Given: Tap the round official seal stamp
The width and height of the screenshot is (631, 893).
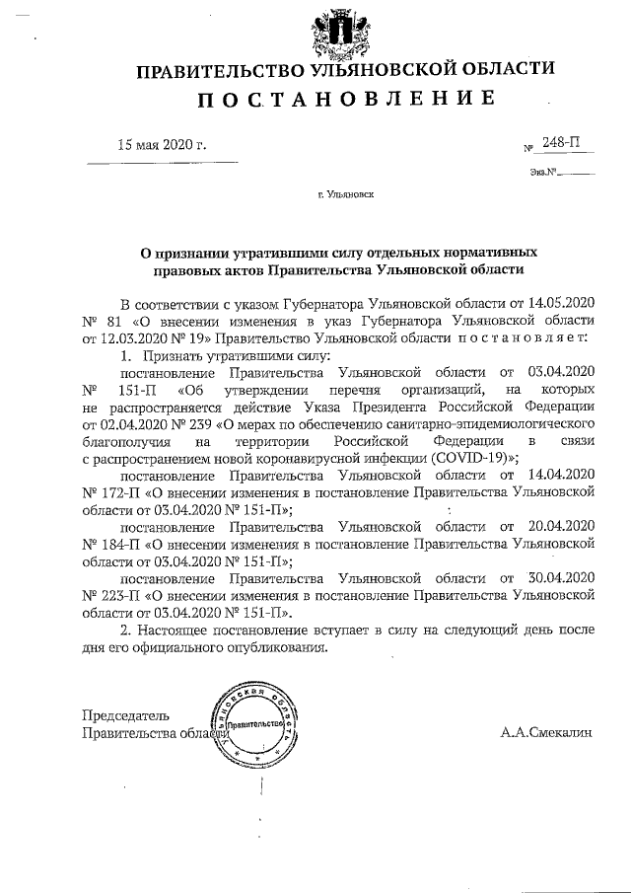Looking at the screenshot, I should tap(247, 726).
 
